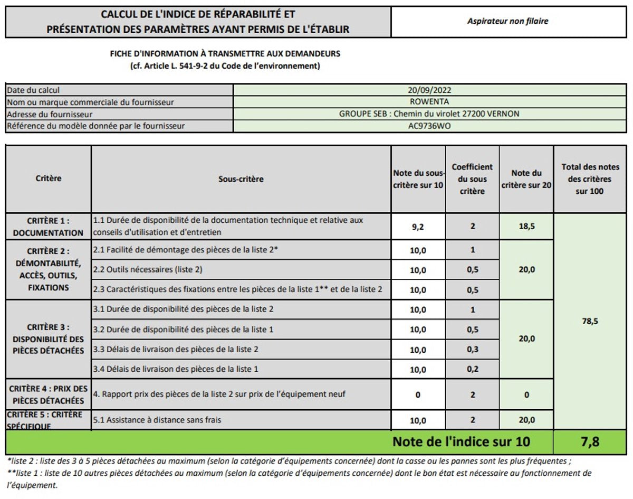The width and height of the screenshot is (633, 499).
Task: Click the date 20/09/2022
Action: click(429, 90)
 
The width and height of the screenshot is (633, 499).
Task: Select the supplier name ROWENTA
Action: click(429, 102)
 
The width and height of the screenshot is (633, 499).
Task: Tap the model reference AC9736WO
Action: click(429, 126)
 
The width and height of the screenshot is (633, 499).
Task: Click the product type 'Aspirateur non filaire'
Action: click(507, 22)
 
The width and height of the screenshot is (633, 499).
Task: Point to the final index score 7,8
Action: click(590, 442)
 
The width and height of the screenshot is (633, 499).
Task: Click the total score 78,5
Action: click(590, 321)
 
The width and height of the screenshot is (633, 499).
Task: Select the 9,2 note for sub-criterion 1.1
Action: click(418, 227)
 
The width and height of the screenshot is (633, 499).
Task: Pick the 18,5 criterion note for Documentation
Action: click(526, 227)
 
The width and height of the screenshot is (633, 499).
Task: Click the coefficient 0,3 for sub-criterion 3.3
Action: click(472, 350)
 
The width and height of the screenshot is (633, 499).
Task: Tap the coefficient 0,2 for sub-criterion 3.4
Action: click(472, 369)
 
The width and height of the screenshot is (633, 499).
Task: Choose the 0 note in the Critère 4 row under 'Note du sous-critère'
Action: click(418, 394)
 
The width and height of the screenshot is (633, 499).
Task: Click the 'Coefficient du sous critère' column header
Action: click(472, 179)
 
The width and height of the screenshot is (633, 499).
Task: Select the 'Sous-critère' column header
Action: click(241, 179)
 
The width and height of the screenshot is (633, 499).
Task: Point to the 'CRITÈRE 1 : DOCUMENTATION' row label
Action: click(48, 227)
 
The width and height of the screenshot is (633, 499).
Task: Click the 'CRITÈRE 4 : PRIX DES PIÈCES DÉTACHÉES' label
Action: click(48, 394)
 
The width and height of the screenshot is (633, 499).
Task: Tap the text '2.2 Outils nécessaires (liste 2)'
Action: click(148, 269)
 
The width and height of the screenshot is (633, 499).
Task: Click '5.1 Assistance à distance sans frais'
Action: click(157, 420)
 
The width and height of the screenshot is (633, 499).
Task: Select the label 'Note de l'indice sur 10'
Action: click(461, 441)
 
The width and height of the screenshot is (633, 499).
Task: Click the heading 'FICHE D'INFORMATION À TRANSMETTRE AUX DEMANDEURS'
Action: click(225, 54)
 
